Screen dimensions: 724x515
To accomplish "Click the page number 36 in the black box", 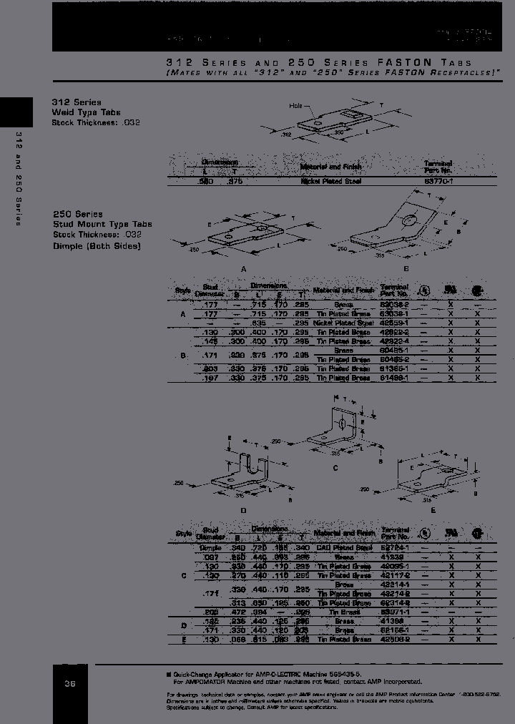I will [x=70, y=684].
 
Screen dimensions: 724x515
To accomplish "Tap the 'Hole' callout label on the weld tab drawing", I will [x=296, y=106].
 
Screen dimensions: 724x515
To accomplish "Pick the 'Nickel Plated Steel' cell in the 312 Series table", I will [x=330, y=182].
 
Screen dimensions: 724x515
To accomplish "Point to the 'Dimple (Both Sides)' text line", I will [x=97, y=246].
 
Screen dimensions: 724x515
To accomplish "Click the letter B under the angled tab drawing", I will [x=406, y=268].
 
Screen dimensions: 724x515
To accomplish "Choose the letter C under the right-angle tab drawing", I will [x=335, y=467].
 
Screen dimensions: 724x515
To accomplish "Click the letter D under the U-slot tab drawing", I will [x=243, y=509].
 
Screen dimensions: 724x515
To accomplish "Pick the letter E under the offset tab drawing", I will [x=433, y=509].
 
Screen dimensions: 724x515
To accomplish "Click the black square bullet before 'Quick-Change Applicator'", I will [x=169, y=674].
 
